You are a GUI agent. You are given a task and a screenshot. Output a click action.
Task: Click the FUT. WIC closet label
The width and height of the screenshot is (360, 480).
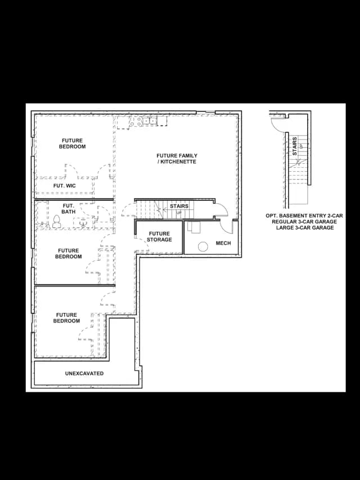coord(64,186)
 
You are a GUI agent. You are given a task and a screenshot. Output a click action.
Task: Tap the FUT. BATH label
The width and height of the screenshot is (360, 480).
coord(69,208)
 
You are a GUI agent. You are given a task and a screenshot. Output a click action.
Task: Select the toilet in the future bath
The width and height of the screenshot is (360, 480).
coord(56,222)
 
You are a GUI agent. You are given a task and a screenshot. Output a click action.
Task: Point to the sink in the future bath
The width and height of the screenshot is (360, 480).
coord(83,222)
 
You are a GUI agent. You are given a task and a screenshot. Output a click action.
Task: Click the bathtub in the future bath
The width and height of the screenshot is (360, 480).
coord(42,213)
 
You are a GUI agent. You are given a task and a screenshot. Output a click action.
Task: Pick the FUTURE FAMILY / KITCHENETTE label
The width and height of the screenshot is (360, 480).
coord(177,159)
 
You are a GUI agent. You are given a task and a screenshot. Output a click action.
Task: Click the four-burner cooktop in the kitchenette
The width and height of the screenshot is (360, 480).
coord(136,121)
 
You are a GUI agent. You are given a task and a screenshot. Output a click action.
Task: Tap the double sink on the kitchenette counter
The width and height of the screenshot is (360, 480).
coord(150,121)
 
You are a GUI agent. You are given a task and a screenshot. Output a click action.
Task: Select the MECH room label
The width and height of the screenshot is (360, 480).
coord(223,243)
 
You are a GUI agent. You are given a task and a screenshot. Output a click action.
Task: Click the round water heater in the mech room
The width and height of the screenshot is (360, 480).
coord(202,246)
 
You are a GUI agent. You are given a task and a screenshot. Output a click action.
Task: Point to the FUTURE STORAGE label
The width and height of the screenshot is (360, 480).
coord(159,237)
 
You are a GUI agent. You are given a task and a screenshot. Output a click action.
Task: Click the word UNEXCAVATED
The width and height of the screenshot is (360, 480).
coord(84,374)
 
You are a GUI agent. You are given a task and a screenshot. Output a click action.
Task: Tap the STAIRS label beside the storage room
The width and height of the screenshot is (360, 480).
coord(179,206)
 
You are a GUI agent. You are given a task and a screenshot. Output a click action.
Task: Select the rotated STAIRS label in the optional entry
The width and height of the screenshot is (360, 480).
coord(295,146)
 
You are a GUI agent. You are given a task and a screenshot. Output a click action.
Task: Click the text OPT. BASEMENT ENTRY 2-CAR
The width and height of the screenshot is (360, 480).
coord(304,216)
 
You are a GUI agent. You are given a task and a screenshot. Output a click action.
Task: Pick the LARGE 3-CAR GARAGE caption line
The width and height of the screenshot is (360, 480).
coord(305,227)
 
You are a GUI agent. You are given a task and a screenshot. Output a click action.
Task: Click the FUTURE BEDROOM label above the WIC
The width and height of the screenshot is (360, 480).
coord(72,143)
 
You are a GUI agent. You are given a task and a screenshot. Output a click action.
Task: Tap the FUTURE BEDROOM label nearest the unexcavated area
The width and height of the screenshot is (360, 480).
coord(66,318)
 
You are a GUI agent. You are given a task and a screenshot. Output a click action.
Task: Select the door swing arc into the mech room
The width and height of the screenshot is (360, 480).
coord(226,228)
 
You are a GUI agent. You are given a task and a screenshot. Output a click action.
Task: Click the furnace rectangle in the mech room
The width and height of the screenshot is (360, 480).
coord(193,228)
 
